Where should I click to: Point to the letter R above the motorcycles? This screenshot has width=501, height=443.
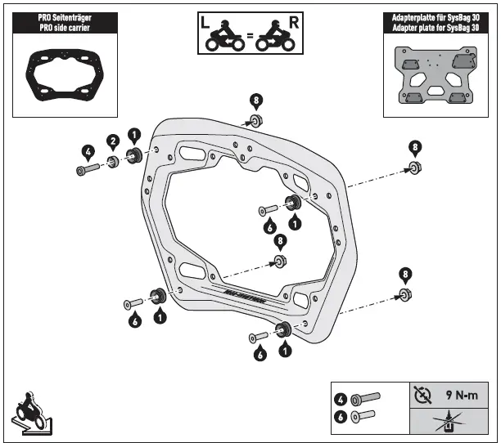[293, 21]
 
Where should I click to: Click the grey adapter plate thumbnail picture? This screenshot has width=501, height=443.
[436, 78]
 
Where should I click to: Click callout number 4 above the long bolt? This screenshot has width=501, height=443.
[87, 150]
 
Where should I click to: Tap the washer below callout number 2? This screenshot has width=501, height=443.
[114, 161]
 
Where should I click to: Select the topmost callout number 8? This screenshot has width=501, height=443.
[256, 101]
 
